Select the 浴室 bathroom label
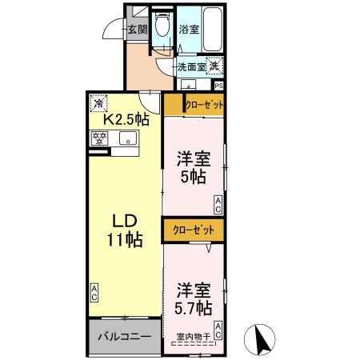point(189,30)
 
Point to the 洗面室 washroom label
point(190,68)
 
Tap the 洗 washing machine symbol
point(215,67)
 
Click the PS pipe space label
point(218,86)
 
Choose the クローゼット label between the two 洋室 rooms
point(194,230)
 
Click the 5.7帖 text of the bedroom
point(194,307)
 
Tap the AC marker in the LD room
point(94,293)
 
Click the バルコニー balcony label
point(124,337)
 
